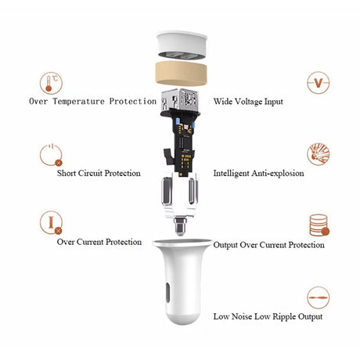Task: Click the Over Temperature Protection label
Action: [x=92, y=101]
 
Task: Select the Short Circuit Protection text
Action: [x=99, y=173]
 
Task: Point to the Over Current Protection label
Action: [x=99, y=242]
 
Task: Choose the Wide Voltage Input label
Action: [x=248, y=101]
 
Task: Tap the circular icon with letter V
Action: [x=317, y=83]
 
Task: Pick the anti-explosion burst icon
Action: [x=318, y=154]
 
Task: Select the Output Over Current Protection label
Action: [x=268, y=245]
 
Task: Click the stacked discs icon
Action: [x=318, y=225]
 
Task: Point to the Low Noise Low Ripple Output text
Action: [x=268, y=316]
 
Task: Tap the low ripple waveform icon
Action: [x=318, y=297]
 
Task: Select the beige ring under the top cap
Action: [x=181, y=74]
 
